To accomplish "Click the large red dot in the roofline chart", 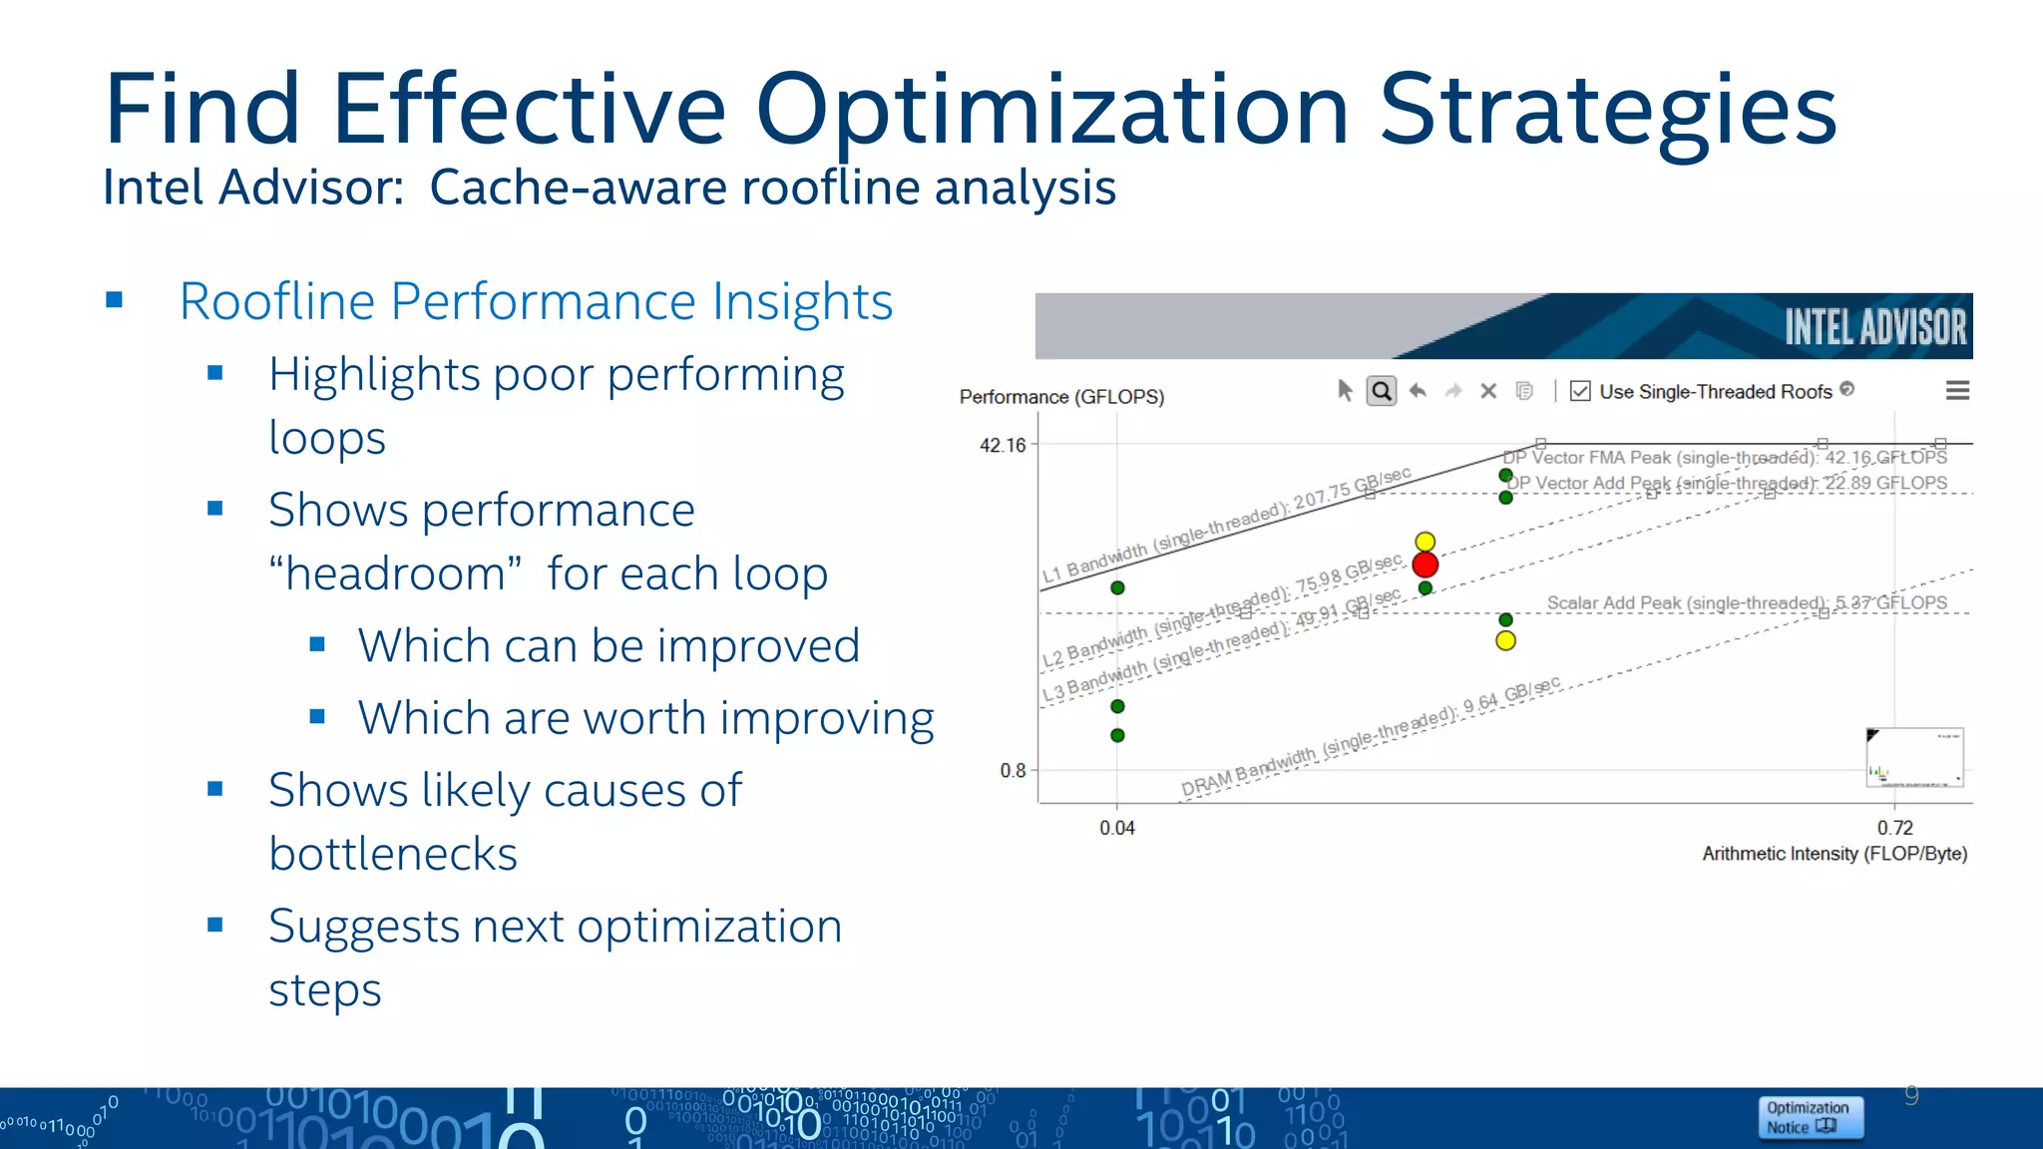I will point(1426,566).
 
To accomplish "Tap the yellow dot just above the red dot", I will point(1426,542).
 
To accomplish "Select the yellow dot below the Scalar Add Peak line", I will point(1506,640).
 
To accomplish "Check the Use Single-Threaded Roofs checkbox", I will point(1580,391).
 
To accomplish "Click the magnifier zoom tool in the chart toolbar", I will point(1382,391).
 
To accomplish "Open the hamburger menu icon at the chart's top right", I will point(1957,391).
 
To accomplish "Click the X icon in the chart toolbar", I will point(1488,391).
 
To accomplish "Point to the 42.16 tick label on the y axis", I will point(1003,445).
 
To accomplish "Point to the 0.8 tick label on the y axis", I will point(1013,770).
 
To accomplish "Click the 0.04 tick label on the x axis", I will point(1117,828).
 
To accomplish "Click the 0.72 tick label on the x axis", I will point(1895,828).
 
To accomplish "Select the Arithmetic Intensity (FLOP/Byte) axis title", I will point(1835,854).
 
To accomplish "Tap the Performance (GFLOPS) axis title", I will point(1061,397).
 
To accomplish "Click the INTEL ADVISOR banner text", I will point(1874,327).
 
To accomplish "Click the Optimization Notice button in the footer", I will point(1810,1117).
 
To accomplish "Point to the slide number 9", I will point(1911,1095).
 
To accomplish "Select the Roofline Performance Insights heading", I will point(536,301).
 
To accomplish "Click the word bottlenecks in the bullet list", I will point(393,854).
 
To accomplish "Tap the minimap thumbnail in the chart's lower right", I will point(1914,758).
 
